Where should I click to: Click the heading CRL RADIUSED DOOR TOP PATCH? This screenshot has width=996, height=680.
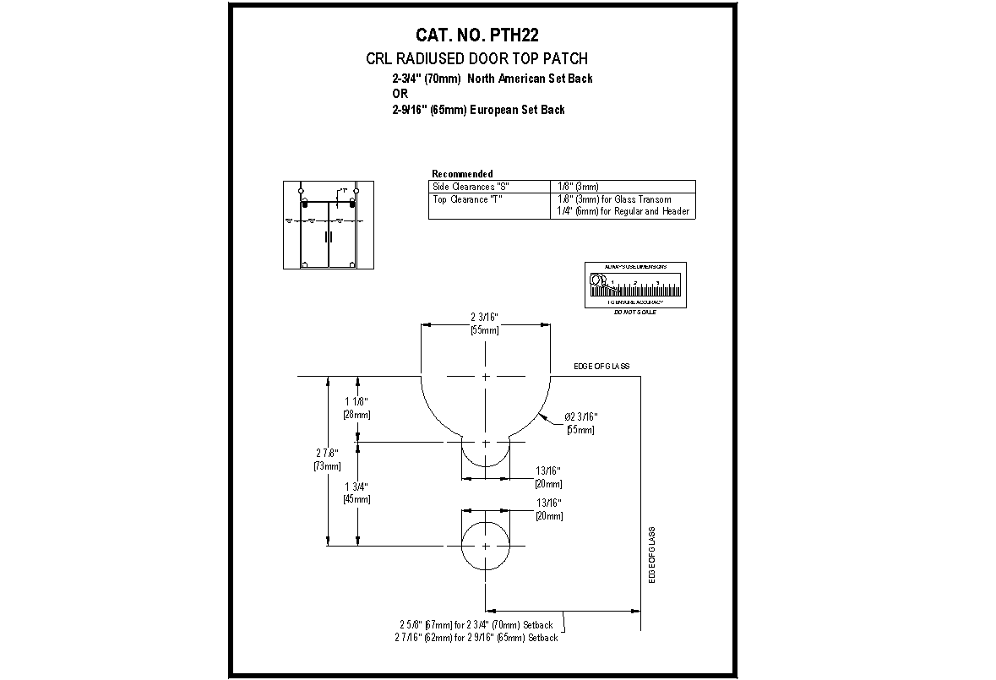476,59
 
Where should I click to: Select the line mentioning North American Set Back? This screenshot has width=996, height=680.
492,79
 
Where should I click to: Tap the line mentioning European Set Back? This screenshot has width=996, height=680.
478,110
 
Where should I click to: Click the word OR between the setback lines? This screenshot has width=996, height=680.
400,94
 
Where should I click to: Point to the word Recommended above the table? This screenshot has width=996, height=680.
462,173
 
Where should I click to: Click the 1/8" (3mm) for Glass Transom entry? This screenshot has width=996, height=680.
614,199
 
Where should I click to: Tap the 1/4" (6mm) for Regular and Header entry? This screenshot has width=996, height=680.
623,211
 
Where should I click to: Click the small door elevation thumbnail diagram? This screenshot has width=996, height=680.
328,225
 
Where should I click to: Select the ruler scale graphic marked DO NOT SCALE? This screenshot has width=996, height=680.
635,286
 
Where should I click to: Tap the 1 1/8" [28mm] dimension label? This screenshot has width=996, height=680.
356,408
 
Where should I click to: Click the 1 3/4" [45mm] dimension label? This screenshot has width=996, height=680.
356,492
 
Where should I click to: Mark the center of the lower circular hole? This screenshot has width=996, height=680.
486,546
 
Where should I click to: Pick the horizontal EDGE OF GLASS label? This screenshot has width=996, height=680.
601,367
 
